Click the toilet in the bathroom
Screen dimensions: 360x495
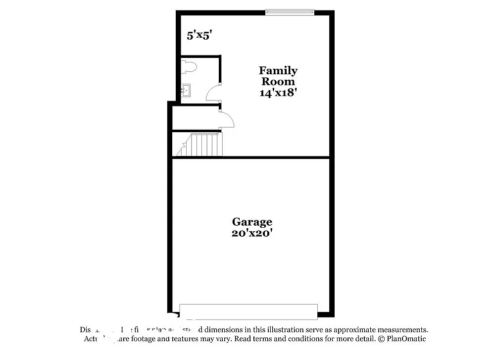[189, 67]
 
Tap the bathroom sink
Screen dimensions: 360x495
[186, 91]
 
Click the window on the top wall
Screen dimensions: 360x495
[290, 12]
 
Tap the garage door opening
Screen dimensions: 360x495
[248, 312]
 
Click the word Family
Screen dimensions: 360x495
[278, 71]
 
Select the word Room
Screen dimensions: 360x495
[278, 82]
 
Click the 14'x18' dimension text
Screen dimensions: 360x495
[278, 93]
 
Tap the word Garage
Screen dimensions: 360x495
[252, 222]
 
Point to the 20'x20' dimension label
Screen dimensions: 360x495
[252, 233]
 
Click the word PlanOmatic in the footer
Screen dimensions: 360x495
[406, 339]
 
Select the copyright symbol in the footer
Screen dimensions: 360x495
[381, 339]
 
